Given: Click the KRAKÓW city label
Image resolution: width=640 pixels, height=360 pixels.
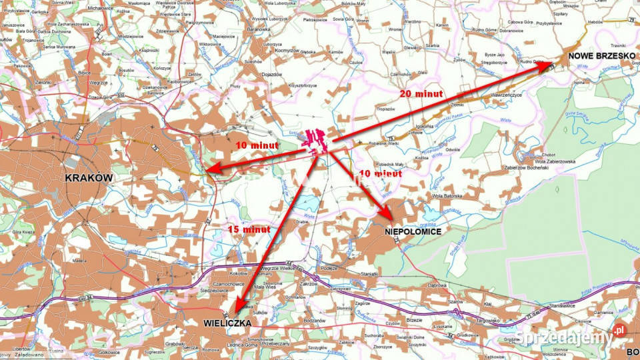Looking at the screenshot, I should [x=89, y=178].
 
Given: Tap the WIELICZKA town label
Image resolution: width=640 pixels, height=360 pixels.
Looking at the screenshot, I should [x=227, y=323].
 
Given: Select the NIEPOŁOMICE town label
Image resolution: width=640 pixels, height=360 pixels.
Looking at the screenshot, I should [x=413, y=232].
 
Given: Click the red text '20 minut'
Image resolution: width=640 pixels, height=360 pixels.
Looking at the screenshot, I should [x=421, y=94].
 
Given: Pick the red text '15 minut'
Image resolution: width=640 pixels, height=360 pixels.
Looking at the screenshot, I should [x=249, y=229].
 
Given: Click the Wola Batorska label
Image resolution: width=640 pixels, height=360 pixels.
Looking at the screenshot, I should [x=447, y=196].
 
